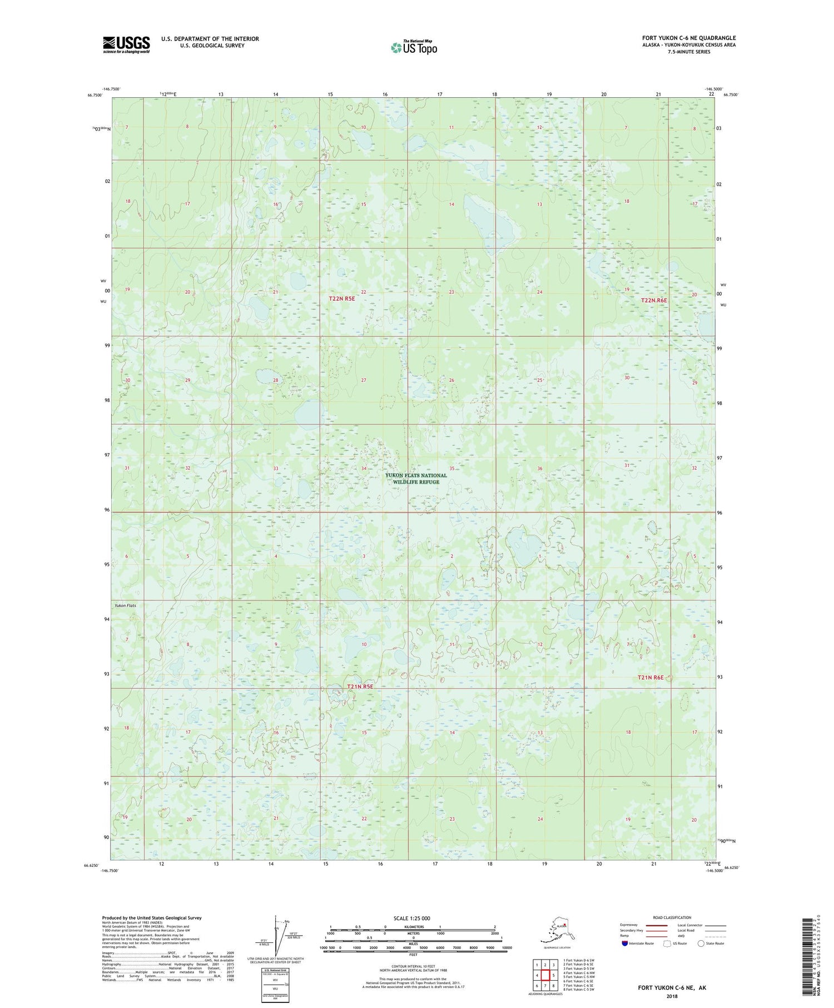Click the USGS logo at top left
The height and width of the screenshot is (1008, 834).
pyautogui.click(x=126, y=44)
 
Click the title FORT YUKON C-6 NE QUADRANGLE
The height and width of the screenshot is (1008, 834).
pyautogui.click(x=688, y=38)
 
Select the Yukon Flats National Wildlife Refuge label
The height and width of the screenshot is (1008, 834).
pyautogui.click(x=416, y=479)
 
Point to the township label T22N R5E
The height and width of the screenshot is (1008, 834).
pyautogui.click(x=341, y=299)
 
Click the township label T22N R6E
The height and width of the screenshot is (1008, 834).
pyautogui.click(x=654, y=300)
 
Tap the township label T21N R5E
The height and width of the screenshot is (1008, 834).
pyautogui.click(x=360, y=687)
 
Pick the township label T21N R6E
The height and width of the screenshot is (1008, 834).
pyautogui.click(x=651, y=677)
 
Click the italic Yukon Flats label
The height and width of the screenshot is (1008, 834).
pyautogui.click(x=125, y=605)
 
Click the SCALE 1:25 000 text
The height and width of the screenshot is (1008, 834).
pyautogui.click(x=411, y=918)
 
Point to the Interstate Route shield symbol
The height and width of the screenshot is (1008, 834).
pyautogui.click(x=625, y=944)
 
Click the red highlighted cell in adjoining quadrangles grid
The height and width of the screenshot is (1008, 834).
pyautogui.click(x=545, y=975)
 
